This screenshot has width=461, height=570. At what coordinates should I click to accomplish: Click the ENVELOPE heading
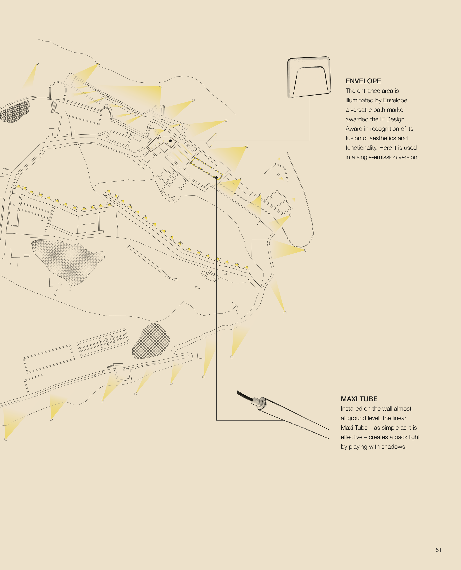(363, 81)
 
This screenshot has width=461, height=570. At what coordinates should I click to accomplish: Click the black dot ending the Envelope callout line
(170, 141)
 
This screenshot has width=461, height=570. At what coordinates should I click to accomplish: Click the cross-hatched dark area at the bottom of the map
(151, 342)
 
